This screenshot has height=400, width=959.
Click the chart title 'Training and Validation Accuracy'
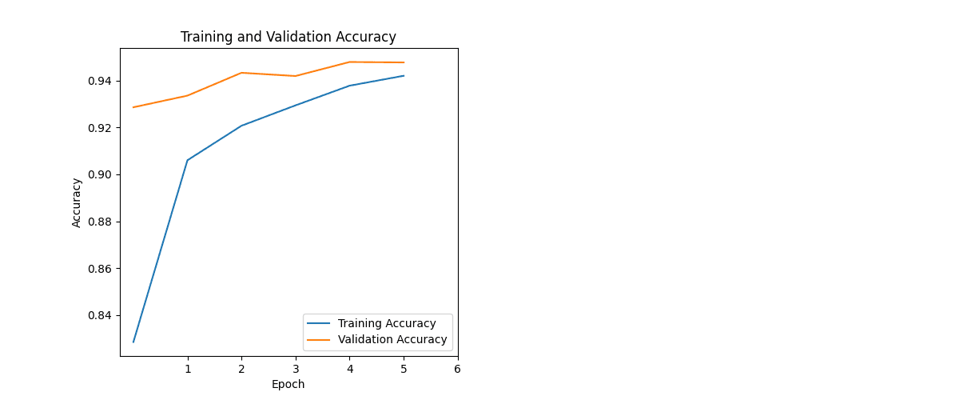[288, 37]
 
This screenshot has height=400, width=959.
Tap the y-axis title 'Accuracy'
[77, 202]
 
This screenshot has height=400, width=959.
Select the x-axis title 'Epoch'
[288, 384]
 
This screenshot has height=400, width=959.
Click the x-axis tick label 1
[188, 369]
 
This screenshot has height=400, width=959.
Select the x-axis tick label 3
[296, 369]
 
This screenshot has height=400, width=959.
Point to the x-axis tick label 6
[457, 369]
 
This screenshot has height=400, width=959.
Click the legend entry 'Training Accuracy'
[387, 324]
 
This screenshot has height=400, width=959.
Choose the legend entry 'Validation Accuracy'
[392, 340]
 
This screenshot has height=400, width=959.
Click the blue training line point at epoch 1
[188, 160]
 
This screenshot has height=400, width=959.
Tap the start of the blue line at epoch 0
[133, 342]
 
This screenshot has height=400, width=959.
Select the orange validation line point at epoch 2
[241, 73]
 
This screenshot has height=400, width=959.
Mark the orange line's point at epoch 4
[349, 62]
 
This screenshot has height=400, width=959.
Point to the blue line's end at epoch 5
[404, 76]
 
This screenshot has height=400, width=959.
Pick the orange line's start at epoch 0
[133, 107]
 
